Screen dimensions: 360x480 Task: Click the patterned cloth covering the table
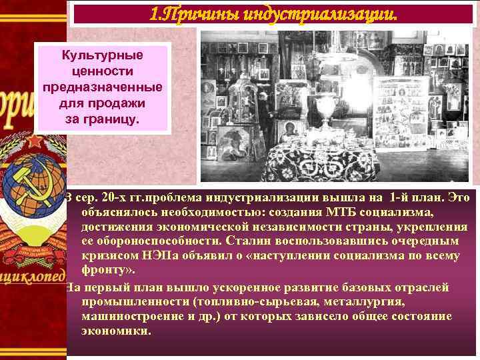point(320,157)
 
